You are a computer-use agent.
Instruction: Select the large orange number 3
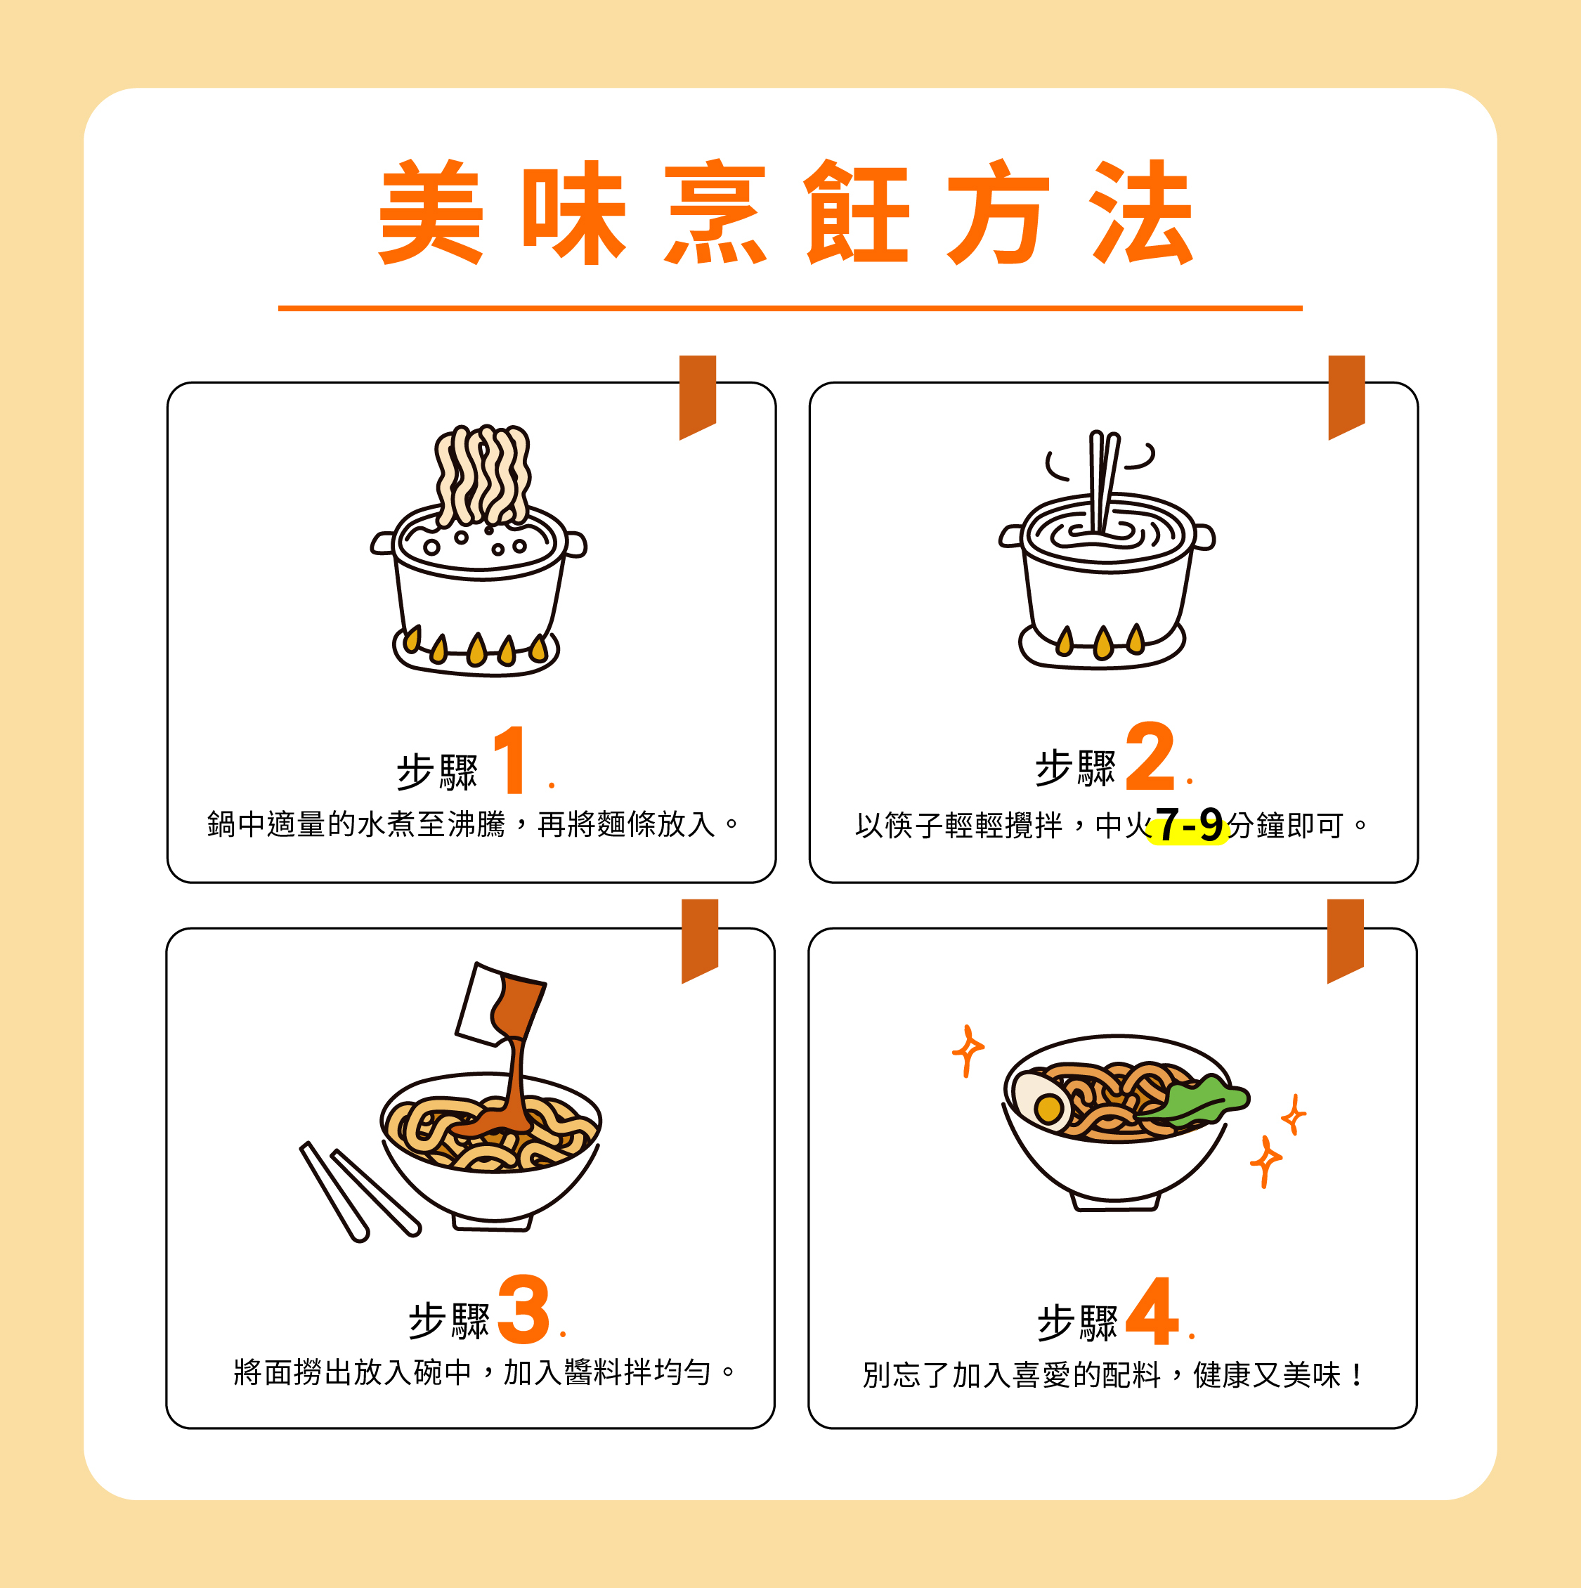pyautogui.click(x=523, y=1308)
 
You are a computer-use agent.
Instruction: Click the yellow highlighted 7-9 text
pyautogui.click(x=1188, y=824)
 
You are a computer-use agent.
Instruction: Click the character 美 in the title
pyautogui.click(x=430, y=211)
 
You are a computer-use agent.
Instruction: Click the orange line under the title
pyautogui.click(x=790, y=308)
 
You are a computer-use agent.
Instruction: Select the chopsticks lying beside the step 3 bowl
pyautogui.click(x=359, y=1190)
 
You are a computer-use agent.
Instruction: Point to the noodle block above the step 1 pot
pyautogui.click(x=483, y=474)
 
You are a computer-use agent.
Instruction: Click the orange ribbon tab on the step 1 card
pyautogui.click(x=697, y=396)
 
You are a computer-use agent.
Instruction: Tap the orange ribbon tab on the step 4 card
pyautogui.click(x=1345, y=940)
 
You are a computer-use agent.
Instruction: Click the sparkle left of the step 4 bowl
pyautogui.click(x=968, y=1050)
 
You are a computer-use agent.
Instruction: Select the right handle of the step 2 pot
pyautogui.click(x=1204, y=536)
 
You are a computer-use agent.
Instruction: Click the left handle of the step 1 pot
pyautogui.click(x=382, y=542)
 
